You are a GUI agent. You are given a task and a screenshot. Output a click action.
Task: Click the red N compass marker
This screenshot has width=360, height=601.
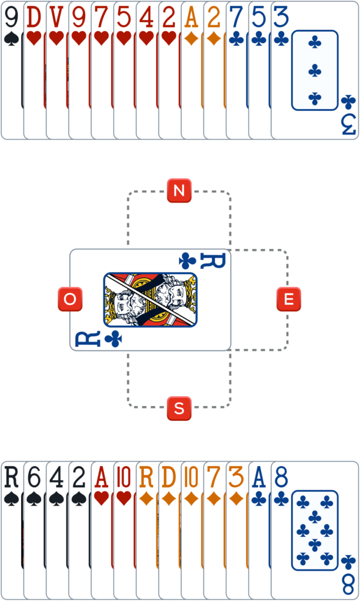pyautogui.click(x=179, y=191)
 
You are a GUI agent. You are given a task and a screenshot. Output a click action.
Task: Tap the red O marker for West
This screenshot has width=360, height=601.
pyautogui.click(x=70, y=299)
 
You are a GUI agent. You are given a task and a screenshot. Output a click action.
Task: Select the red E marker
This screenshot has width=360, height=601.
pyautogui.click(x=288, y=299)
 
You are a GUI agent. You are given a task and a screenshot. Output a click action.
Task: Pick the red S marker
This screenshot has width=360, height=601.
pyautogui.click(x=179, y=408)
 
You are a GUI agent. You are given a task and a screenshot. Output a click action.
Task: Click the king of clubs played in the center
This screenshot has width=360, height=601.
pyautogui.click(x=150, y=299)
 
